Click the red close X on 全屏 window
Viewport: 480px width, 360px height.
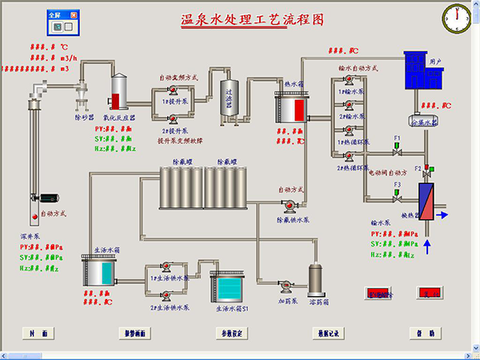74,15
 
